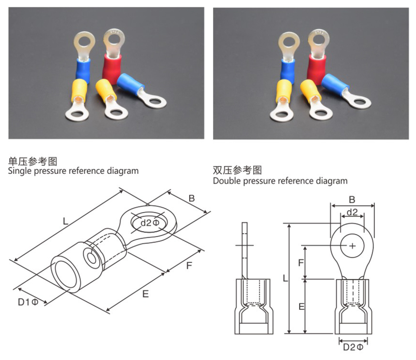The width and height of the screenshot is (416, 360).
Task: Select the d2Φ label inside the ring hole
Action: coord(150,223)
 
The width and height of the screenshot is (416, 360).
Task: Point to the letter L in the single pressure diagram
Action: coord(65,222)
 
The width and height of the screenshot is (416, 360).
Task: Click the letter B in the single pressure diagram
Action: coord(192,199)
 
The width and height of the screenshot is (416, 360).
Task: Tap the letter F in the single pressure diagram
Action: coord(189,265)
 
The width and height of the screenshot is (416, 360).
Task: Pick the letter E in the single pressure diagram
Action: coord(146,294)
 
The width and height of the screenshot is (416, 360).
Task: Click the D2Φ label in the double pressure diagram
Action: coord(353,347)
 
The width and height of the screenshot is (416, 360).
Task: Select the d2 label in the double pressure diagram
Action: coord(352,212)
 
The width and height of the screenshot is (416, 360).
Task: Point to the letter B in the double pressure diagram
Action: coord(352,200)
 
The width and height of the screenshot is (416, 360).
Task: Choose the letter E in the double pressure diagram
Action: coord(301,306)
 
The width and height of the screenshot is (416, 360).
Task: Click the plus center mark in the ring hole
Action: coord(353,246)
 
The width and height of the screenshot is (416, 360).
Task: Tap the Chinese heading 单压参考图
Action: coord(32,161)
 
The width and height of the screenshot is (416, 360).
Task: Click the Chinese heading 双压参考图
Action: coord(237,170)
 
